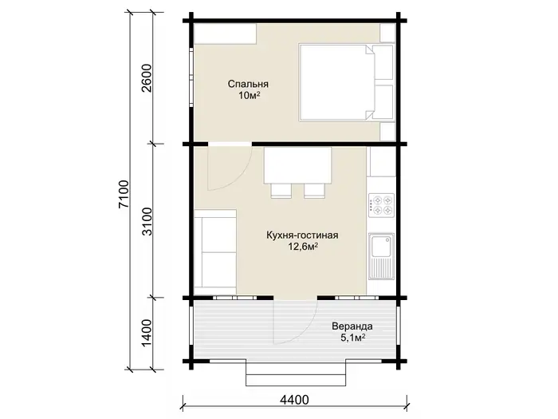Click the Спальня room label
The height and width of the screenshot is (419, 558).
(248, 85)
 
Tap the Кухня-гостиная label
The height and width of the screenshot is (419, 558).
(302, 235)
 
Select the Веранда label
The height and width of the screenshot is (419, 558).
(352, 326)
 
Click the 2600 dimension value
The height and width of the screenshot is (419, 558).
(147, 78)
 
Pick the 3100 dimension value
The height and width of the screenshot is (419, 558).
(147, 221)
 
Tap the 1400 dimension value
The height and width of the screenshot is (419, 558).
(147, 333)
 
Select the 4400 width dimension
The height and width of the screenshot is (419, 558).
(294, 400)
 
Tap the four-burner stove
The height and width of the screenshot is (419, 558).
(382, 206)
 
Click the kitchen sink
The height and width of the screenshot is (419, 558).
(381, 256)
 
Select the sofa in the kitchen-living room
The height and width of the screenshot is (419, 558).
(215, 249)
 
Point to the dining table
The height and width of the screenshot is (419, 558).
(298, 165)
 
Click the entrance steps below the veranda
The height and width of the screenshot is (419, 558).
(296, 373)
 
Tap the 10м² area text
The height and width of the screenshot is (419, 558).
(249, 96)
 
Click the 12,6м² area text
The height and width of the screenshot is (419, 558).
(303, 247)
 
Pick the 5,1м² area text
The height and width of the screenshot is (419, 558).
(353, 338)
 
